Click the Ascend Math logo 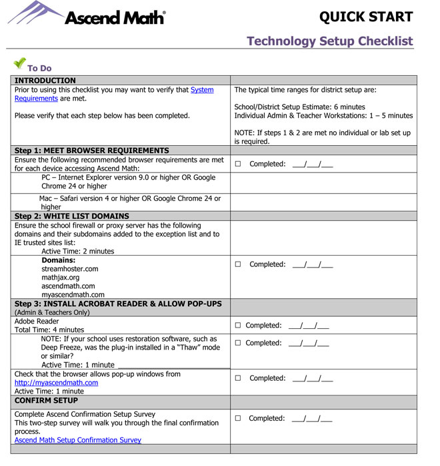(87, 15)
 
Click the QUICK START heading (365, 17)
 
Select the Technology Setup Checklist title (329, 41)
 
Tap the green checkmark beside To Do (19, 64)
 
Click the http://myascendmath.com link (56, 383)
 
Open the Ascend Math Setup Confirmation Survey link (78, 440)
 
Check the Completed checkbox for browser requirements (238, 164)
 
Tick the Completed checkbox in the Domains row (238, 264)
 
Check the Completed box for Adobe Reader (237, 326)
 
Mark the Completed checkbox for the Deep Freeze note (237, 344)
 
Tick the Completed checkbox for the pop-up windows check (238, 378)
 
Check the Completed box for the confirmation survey (238, 419)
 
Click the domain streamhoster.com (69, 269)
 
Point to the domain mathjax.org (60, 278)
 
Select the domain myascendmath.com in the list (73, 295)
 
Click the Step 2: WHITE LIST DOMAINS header (72, 216)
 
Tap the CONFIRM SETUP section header (46, 401)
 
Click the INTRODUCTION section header (45, 81)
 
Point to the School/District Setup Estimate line (299, 107)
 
